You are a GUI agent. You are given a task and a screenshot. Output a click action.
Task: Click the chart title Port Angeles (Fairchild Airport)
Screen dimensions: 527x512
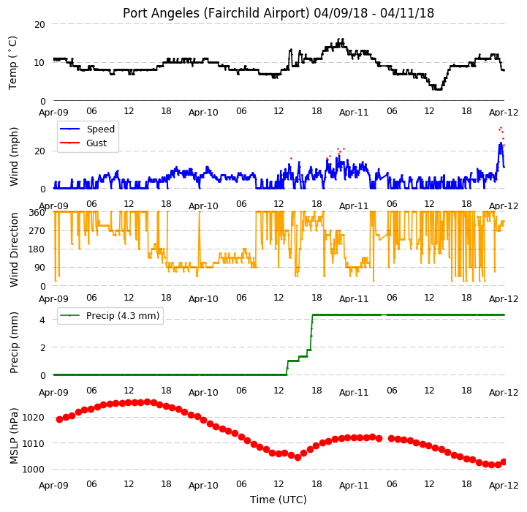coord(216,13)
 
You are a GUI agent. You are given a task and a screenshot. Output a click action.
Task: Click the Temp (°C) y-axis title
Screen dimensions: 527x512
coord(12,63)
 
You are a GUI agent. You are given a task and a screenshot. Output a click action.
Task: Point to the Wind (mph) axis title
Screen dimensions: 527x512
coord(13,157)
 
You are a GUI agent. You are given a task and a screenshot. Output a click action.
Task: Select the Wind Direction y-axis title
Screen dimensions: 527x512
coord(13,250)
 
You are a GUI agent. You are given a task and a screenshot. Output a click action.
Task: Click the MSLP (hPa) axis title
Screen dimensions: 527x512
coord(13,436)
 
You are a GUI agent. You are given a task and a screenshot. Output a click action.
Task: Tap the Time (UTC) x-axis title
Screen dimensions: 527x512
coord(278,500)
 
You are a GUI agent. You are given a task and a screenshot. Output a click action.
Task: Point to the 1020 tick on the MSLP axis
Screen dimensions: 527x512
coord(33,418)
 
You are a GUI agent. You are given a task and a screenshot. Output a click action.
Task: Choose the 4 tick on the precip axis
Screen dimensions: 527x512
coord(42,320)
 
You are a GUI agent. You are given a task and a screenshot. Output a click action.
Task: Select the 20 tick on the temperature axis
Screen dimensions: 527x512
coord(39,25)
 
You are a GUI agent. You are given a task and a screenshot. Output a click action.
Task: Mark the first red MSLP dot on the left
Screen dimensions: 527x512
coord(59,419)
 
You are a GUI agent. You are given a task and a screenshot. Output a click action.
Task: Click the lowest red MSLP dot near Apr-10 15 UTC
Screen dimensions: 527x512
coord(297,457)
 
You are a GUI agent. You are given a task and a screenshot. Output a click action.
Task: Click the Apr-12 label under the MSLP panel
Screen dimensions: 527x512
coord(504,486)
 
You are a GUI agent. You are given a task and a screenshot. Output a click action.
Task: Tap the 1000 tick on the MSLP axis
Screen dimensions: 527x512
coord(33,470)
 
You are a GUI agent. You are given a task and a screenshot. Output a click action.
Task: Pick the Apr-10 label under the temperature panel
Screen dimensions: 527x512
coord(203,112)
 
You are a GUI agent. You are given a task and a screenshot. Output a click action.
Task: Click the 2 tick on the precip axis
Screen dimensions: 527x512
coord(42,348)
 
